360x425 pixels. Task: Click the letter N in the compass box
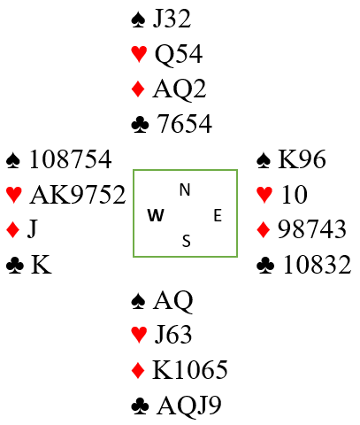coord(185,189)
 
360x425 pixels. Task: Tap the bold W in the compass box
coord(156,215)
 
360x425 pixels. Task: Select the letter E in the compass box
coord(218,215)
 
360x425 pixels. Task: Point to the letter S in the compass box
coord(186,241)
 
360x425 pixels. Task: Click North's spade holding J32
coord(172,19)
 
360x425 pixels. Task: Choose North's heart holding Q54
coord(179,54)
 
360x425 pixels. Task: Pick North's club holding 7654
coord(184,123)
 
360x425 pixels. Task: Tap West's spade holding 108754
coord(71,159)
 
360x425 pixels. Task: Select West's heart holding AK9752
coord(78,195)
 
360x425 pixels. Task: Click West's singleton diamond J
coord(33,229)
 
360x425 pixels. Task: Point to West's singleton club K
coord(41,264)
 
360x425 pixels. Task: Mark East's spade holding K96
coord(302,159)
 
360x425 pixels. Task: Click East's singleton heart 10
coord(295,195)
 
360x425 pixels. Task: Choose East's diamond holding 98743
coord(312,229)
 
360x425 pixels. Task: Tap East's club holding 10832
coord(317,264)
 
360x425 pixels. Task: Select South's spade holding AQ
coord(172,300)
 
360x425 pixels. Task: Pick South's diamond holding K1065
coord(190,369)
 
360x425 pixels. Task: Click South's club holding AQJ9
coord(189,405)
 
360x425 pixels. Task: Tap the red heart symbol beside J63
coord(139,336)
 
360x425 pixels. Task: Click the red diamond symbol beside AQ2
coord(138,89)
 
